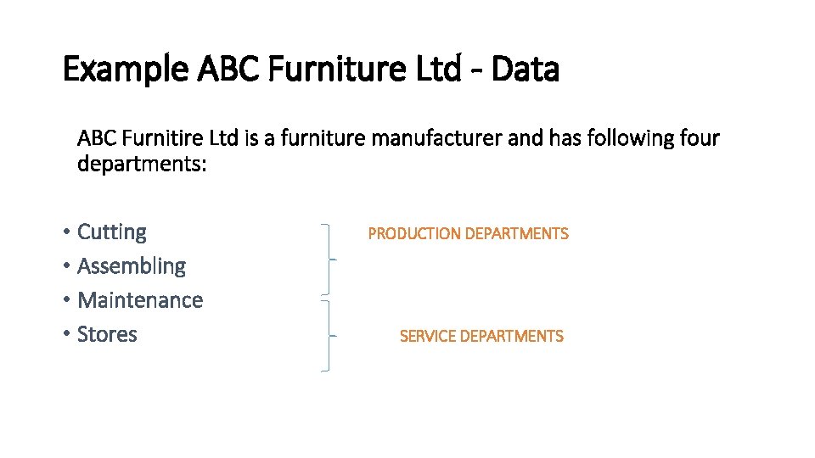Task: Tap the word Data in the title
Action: (x=525, y=70)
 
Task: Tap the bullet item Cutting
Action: (x=111, y=232)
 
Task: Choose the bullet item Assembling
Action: (x=131, y=266)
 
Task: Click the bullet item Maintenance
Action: (x=140, y=300)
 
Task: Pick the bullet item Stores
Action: (x=107, y=334)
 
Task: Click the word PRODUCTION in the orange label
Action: (x=413, y=234)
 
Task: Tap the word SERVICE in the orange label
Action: (x=427, y=337)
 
